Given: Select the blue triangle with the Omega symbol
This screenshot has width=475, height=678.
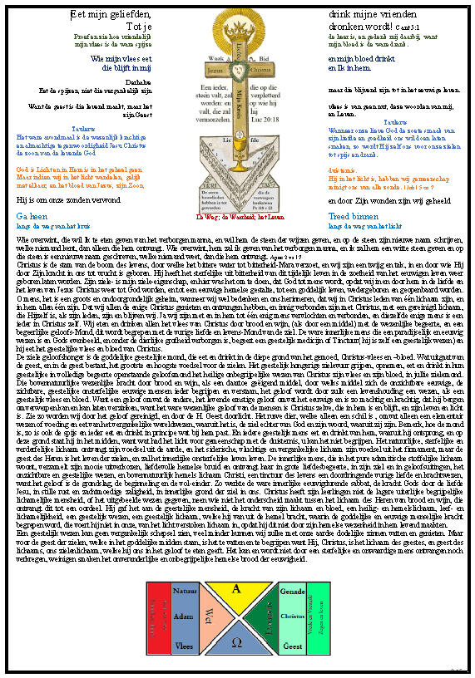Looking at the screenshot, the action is [x=236, y=641].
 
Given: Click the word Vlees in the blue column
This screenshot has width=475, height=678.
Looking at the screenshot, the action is [x=184, y=644].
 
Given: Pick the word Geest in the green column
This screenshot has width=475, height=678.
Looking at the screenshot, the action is [x=292, y=644].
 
